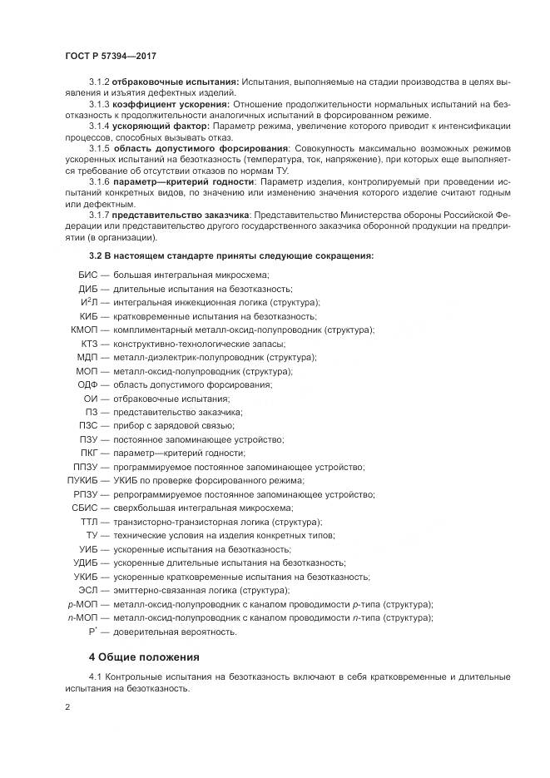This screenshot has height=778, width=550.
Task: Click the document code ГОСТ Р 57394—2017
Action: click(111, 56)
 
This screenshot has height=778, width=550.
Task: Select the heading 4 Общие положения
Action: click(144, 657)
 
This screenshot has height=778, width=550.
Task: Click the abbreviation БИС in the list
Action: click(88, 275)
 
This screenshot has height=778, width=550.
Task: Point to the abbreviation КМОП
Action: click(86, 330)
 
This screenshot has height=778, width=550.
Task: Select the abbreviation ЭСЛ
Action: click(89, 590)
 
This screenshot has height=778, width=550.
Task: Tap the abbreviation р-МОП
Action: click(83, 604)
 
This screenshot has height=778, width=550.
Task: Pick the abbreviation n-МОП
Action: click(83, 617)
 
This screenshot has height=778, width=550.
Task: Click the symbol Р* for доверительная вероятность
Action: click(93, 632)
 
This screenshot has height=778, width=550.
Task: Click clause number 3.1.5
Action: click(99, 148)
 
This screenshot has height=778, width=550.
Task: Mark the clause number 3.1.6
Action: click(99, 181)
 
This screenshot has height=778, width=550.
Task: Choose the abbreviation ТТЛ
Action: click(89, 522)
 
